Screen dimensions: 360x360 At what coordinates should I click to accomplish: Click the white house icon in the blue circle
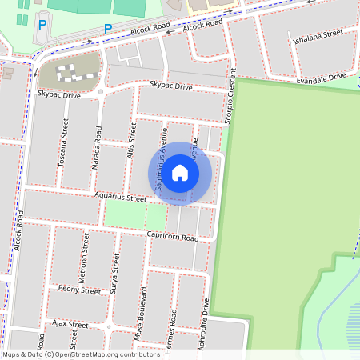point(180,173)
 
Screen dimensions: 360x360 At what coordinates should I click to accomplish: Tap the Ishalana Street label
point(318,36)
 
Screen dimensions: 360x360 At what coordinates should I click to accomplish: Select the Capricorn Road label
point(172,237)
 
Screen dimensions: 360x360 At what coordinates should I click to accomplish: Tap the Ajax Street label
point(70,324)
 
